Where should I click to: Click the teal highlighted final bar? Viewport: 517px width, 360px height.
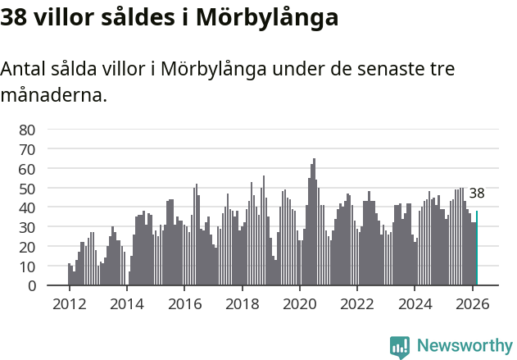point(477,248)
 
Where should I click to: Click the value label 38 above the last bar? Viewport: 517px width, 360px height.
point(477,194)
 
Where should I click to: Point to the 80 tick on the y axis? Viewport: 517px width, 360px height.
point(27,130)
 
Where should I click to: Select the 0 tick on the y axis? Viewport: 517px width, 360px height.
point(31,286)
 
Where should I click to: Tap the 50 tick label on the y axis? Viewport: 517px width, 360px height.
point(27,189)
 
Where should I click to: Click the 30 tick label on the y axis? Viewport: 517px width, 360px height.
point(27,227)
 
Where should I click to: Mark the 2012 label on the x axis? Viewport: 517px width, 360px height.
point(69,303)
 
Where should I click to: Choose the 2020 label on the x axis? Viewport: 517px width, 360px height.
point(300,303)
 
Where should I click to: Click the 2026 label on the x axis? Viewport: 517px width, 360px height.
point(473,303)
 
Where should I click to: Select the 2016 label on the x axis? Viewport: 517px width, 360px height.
point(184,303)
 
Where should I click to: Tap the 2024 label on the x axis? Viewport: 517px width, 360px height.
point(415,303)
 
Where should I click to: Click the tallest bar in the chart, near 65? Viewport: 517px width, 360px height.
point(314,221)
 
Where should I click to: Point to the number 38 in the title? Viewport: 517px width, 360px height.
point(15,16)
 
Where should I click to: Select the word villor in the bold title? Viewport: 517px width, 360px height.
point(68,16)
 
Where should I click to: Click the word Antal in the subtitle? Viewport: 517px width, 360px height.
point(23,69)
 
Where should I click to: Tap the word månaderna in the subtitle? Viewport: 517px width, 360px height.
point(53,95)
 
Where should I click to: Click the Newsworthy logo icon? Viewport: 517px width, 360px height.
point(400,347)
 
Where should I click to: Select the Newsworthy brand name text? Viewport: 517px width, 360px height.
point(465,346)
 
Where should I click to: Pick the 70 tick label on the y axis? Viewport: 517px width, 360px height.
point(27,149)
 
